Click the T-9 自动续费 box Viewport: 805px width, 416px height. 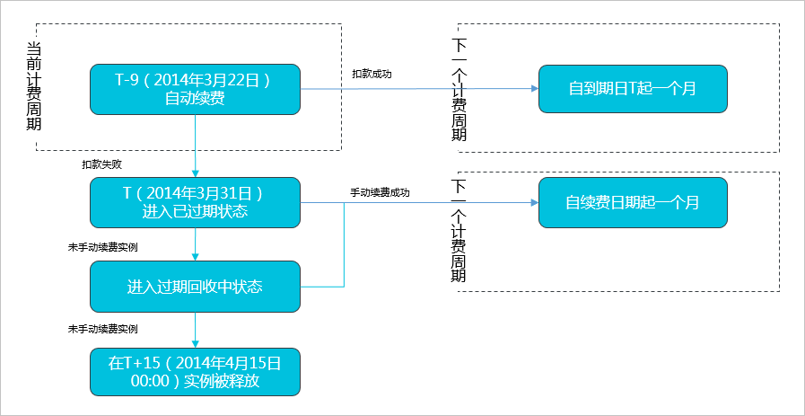tap(195, 90)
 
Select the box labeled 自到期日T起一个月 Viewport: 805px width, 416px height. tap(633, 88)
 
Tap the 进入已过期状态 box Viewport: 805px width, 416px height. tap(195, 202)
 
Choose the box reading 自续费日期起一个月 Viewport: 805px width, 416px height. tap(633, 202)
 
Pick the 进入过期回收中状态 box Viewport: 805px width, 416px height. tap(195, 287)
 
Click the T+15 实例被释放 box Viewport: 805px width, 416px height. tap(195, 372)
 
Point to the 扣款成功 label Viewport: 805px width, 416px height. tap(372, 74)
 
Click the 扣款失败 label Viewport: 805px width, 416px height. tap(101, 164)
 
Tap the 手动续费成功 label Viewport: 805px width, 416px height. tap(380, 193)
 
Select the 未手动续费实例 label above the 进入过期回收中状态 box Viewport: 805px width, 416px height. tap(102, 247)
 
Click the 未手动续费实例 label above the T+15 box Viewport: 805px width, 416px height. tap(102, 329)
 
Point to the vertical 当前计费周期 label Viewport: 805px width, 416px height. tap(34, 87)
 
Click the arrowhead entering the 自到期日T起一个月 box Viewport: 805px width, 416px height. tap(535, 88)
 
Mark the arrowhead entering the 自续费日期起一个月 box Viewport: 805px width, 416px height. tap(535, 202)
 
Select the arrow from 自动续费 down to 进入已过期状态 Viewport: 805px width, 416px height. tap(195, 146)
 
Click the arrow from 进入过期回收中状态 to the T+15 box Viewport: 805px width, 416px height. tap(195, 330)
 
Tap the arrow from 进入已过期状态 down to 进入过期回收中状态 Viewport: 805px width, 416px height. tap(195, 244)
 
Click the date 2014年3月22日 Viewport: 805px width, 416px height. tap(211, 81)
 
